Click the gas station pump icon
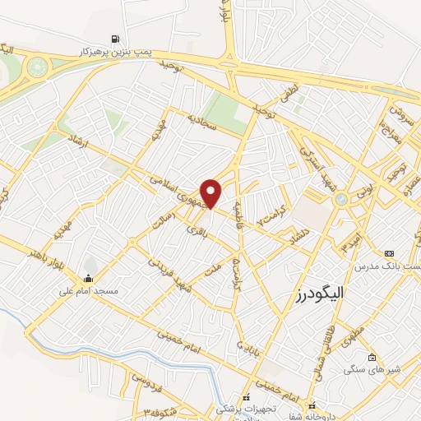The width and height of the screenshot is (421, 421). pyautogui.click(x=114, y=39)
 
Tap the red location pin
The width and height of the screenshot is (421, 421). pyautogui.click(x=211, y=193)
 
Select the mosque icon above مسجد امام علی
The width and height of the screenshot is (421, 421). pyautogui.click(x=89, y=277)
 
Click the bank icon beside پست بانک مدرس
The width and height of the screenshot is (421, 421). pyautogui.click(x=388, y=254)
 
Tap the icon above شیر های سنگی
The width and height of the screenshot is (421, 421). pyautogui.click(x=372, y=357)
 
